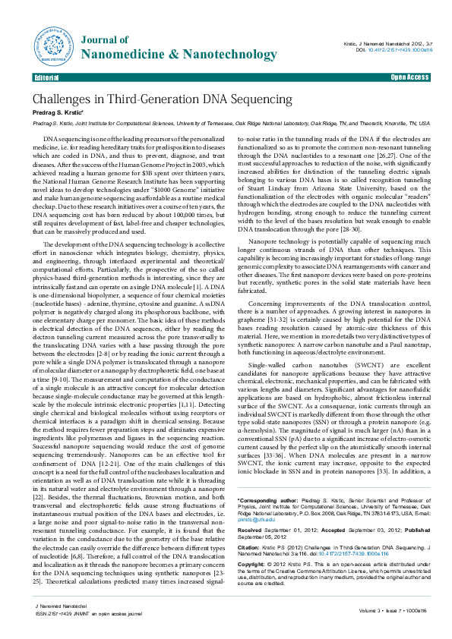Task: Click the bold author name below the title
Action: click(55, 113)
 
